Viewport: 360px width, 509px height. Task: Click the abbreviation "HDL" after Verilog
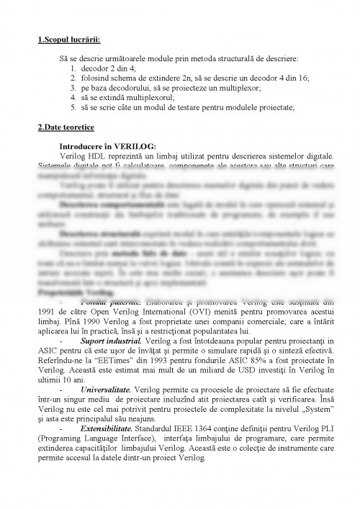pyautogui.click(x=103, y=156)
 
